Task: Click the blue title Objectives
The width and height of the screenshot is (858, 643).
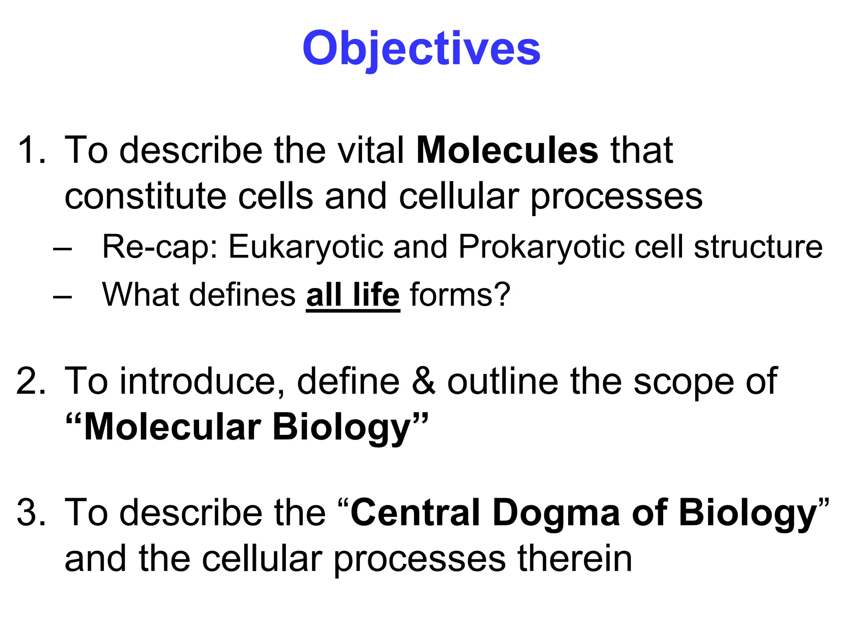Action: click(421, 49)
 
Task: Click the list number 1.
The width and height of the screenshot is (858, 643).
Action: click(31, 150)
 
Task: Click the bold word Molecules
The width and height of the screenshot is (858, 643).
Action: click(507, 150)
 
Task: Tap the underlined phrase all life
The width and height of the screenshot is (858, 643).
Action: click(353, 295)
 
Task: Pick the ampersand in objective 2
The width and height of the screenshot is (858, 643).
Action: click(424, 381)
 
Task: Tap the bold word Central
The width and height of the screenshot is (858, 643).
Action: click(415, 512)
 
